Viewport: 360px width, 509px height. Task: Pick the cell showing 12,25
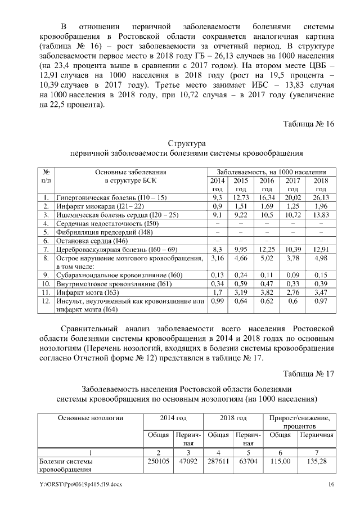coord(267,249)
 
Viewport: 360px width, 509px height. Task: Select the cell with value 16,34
coord(267,198)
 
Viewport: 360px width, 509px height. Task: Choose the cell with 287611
coord(218,461)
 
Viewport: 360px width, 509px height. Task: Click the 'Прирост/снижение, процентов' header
coord(300,423)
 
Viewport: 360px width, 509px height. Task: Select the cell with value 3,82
coord(267,293)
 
